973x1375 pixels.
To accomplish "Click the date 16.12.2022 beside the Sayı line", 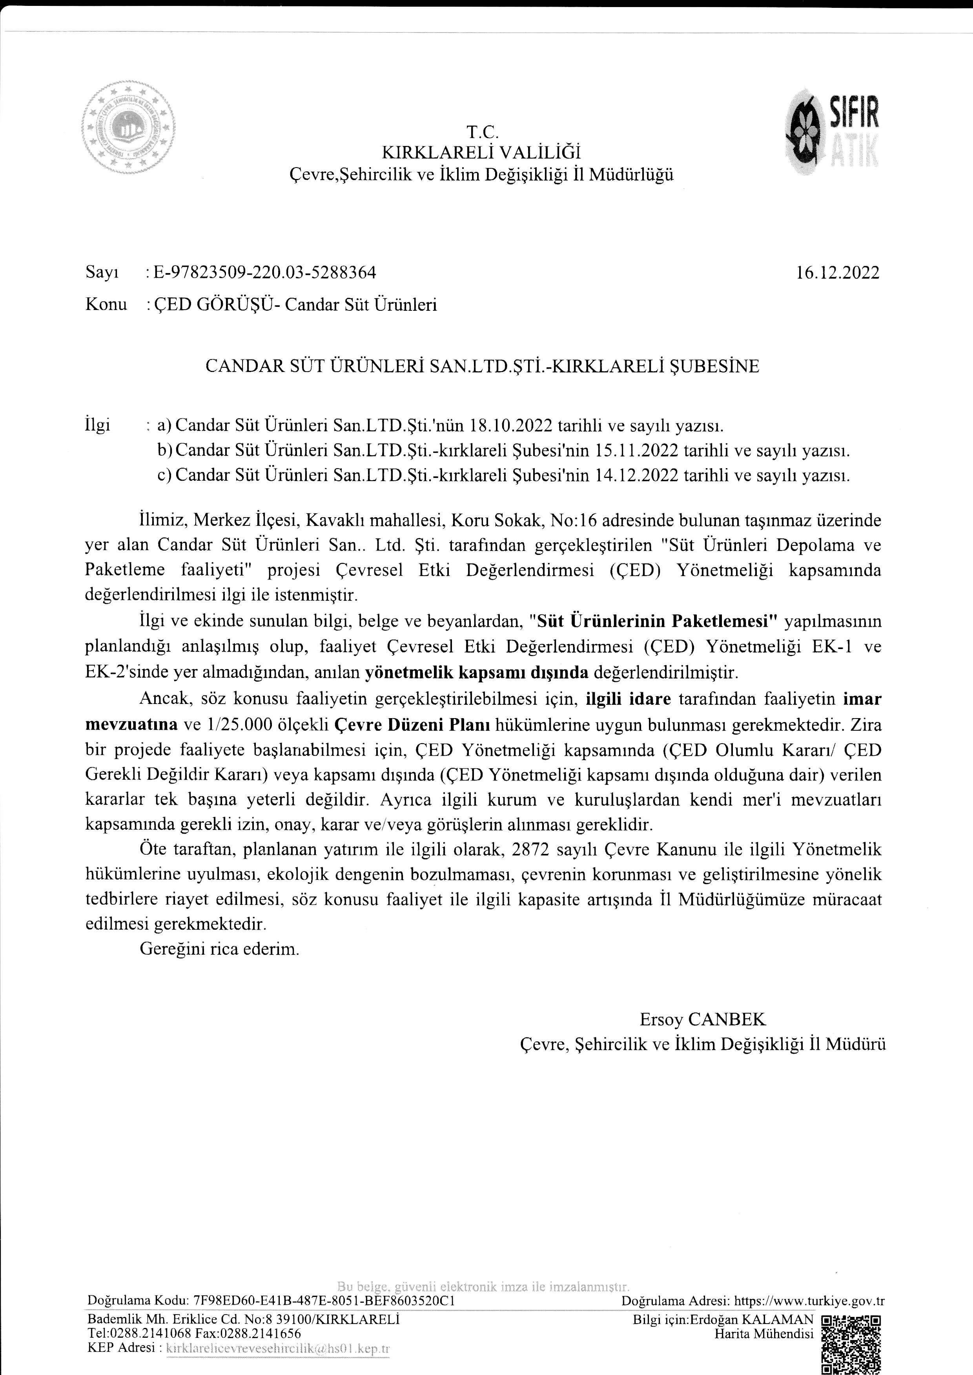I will pyautogui.click(x=838, y=273).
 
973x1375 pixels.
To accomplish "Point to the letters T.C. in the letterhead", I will pyautogui.click(x=482, y=131).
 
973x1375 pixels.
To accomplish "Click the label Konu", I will pyautogui.click(x=106, y=305).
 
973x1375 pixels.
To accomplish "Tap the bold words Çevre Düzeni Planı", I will pyautogui.click(x=412, y=724).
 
